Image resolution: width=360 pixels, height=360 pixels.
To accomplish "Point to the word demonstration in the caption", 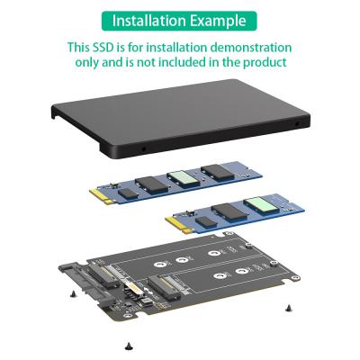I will (x=246, y=47).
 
